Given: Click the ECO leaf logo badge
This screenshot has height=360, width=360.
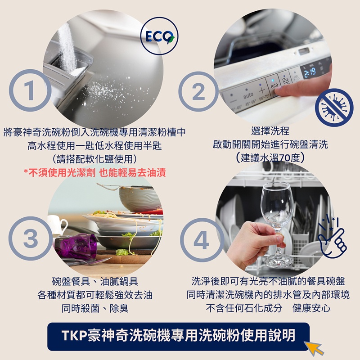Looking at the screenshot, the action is pos(159,36).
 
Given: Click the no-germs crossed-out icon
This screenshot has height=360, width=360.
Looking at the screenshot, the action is pos(334,108).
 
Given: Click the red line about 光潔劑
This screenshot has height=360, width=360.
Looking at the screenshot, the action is pos(95,173).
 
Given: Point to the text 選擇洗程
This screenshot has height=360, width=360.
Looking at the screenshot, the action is pos(270,131).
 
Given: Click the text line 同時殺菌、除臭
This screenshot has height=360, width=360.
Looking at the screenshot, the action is pos(95,308).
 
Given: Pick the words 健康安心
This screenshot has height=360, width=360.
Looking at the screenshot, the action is pos(311,308).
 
